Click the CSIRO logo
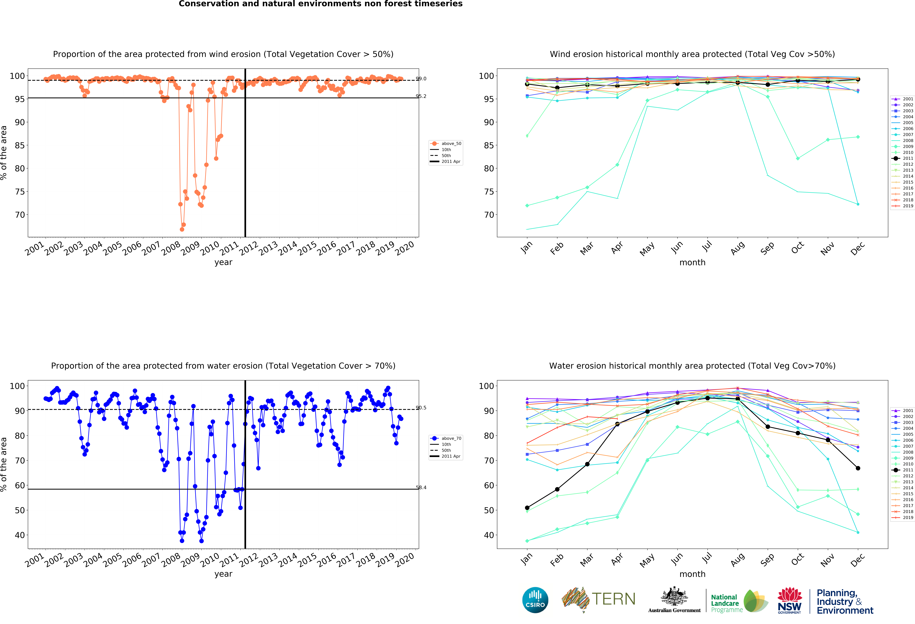[x=535, y=600]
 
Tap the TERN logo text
[x=613, y=599]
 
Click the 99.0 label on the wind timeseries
[x=421, y=79]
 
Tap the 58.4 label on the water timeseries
[x=421, y=488]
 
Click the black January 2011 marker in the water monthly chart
[x=527, y=508]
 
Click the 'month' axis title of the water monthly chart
[x=692, y=574]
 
